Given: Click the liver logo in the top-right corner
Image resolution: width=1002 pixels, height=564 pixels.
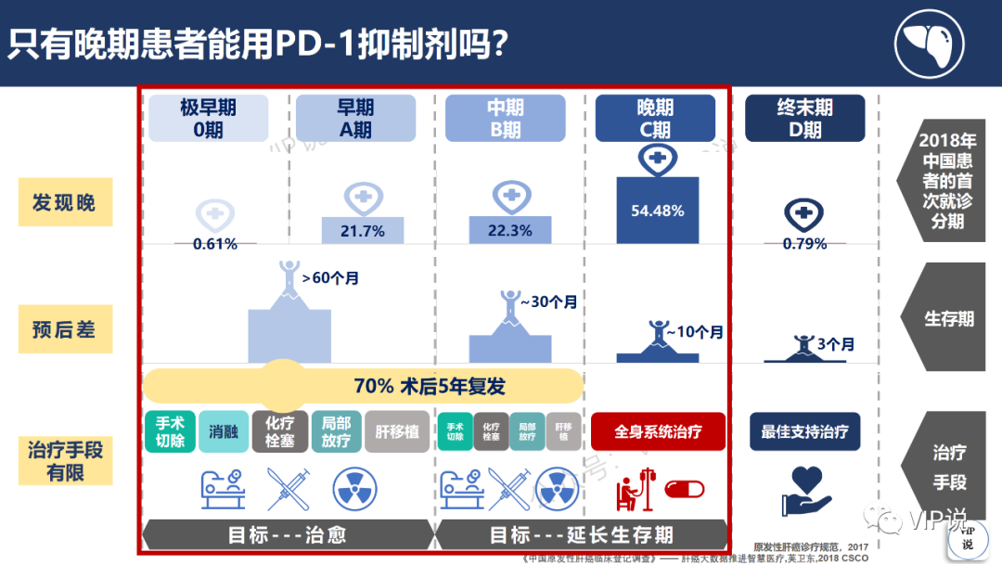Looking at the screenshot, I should [930, 44].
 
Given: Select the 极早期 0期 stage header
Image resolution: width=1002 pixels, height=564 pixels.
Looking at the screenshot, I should [208, 119].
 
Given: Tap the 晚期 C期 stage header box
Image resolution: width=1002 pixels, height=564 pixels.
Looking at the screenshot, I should [655, 119].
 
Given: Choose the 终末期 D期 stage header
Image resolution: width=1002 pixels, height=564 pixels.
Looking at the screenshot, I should [804, 119].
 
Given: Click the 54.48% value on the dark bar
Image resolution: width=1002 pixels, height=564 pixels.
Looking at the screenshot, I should [657, 211].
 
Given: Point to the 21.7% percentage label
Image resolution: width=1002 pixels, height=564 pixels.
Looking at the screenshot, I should [362, 231].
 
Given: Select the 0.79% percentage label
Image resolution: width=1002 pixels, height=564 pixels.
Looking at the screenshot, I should [803, 245].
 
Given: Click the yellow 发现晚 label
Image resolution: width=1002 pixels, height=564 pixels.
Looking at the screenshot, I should [65, 202].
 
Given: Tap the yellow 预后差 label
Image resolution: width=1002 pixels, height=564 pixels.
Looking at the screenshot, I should [65, 329].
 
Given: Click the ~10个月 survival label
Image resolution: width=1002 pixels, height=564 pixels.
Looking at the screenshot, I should [693, 332].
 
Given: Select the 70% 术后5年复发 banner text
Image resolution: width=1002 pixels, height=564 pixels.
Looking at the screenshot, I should [430, 386].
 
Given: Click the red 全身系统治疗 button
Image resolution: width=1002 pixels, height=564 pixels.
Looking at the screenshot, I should [658, 431].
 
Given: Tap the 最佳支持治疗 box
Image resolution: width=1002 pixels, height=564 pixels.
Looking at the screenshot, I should [804, 431].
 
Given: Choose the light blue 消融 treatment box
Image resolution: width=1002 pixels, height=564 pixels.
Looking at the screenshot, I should [223, 432].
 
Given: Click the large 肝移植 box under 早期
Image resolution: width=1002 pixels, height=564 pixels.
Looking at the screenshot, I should [397, 432].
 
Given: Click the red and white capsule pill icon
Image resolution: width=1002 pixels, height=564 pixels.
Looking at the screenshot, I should [685, 489].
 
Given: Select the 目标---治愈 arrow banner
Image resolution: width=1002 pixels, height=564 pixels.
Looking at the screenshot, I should [288, 535].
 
